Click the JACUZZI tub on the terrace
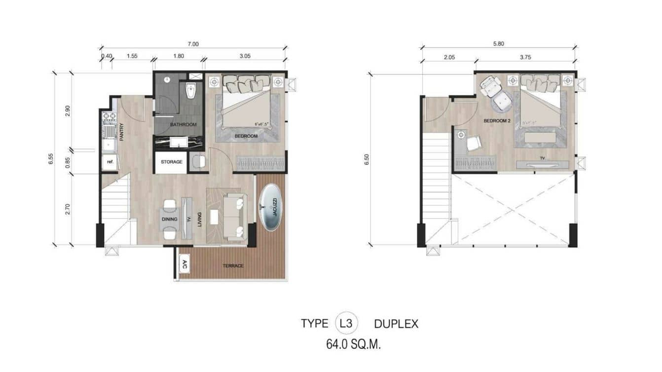(270, 208)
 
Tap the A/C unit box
(184, 263)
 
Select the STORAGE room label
(171, 162)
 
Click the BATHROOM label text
(184, 124)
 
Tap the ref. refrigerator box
(109, 162)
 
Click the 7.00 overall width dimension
(193, 44)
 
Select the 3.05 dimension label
(245, 56)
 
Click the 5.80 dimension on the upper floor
(498, 44)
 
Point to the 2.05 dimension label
(449, 57)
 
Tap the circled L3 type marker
(346, 324)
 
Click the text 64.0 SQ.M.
(353, 344)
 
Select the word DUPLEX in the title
(396, 324)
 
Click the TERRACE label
(233, 266)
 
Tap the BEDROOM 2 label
(497, 120)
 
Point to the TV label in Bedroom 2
(542, 158)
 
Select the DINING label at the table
(169, 219)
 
